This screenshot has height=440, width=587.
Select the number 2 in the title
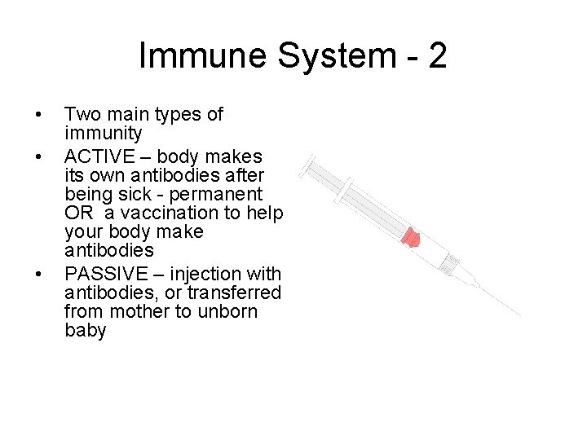pos(435,55)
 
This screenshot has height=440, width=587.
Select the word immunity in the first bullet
pos(103,134)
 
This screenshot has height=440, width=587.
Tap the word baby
pos(86,332)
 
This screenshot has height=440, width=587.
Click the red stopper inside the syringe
pos(414,237)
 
